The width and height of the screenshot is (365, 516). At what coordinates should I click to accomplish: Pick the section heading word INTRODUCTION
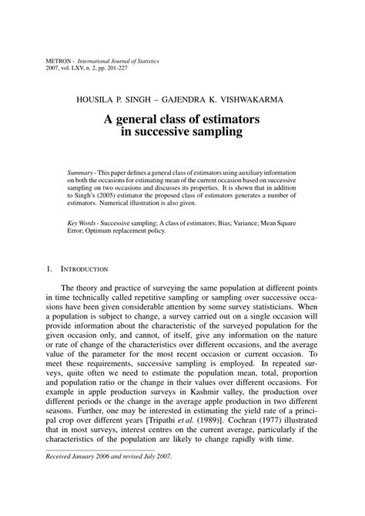pos(86,268)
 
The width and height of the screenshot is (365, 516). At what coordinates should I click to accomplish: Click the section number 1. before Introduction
pos(49,268)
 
